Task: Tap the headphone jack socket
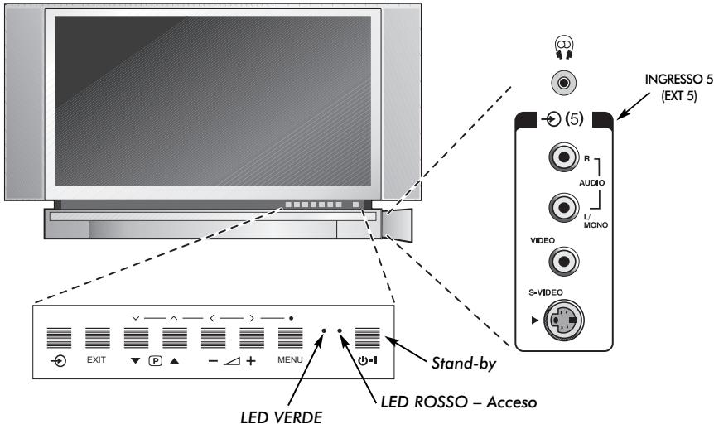point(564,83)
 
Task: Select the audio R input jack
point(564,158)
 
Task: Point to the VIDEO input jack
point(564,261)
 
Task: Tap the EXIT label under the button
point(98,362)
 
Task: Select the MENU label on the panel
point(290,362)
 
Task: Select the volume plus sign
point(251,362)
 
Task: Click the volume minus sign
point(212,362)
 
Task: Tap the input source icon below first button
point(59,362)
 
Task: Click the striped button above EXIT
point(98,339)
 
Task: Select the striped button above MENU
point(290,339)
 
